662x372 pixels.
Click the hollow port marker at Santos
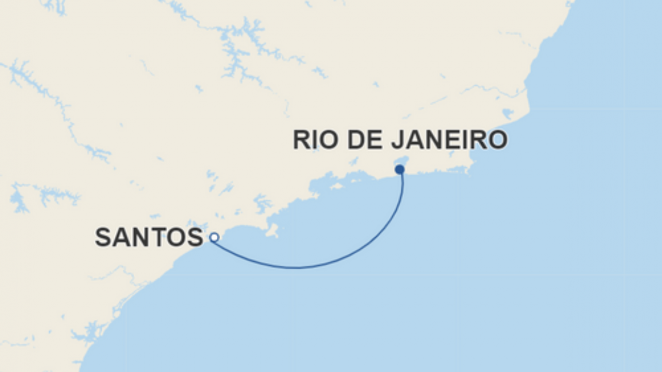tap(214, 238)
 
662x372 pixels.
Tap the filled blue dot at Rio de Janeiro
tap(399, 169)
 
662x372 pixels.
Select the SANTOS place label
tap(149, 238)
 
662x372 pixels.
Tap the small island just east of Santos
tap(271, 231)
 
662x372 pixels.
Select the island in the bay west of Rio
tap(337, 186)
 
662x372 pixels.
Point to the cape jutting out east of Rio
tap(470, 167)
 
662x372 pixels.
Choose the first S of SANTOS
tap(103, 238)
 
